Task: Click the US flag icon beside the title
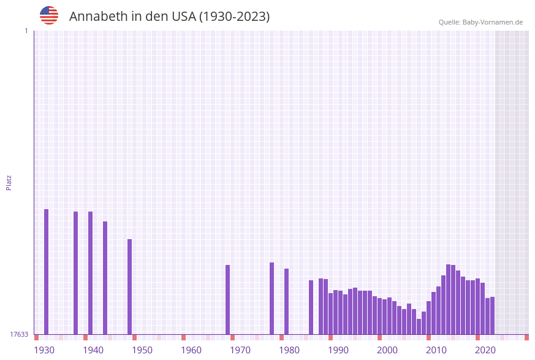click(49, 15)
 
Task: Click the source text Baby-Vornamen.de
click(493, 22)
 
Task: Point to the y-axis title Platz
click(9, 182)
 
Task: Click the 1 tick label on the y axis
click(26, 31)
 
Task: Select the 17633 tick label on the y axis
click(19, 334)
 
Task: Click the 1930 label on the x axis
click(44, 350)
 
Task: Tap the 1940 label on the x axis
click(93, 350)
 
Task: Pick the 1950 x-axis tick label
click(142, 350)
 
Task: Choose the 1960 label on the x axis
click(191, 350)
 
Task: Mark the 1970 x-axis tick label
click(240, 350)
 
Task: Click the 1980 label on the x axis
click(289, 350)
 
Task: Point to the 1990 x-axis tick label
click(338, 350)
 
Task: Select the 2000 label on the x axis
click(387, 350)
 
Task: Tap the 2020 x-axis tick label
click(485, 350)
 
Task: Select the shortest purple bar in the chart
click(419, 327)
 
